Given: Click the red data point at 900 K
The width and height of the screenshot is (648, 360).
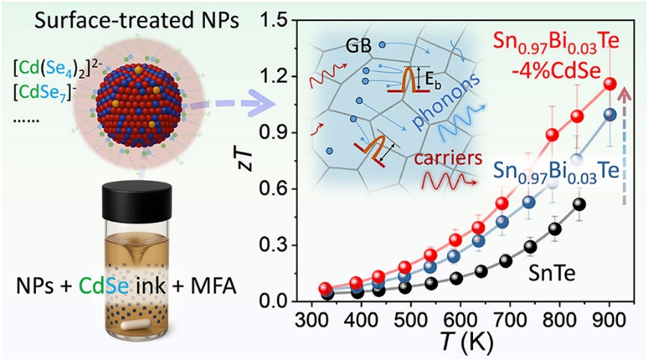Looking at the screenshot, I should tap(610, 84).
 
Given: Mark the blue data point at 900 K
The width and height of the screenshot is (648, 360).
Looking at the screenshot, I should tap(610, 115).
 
